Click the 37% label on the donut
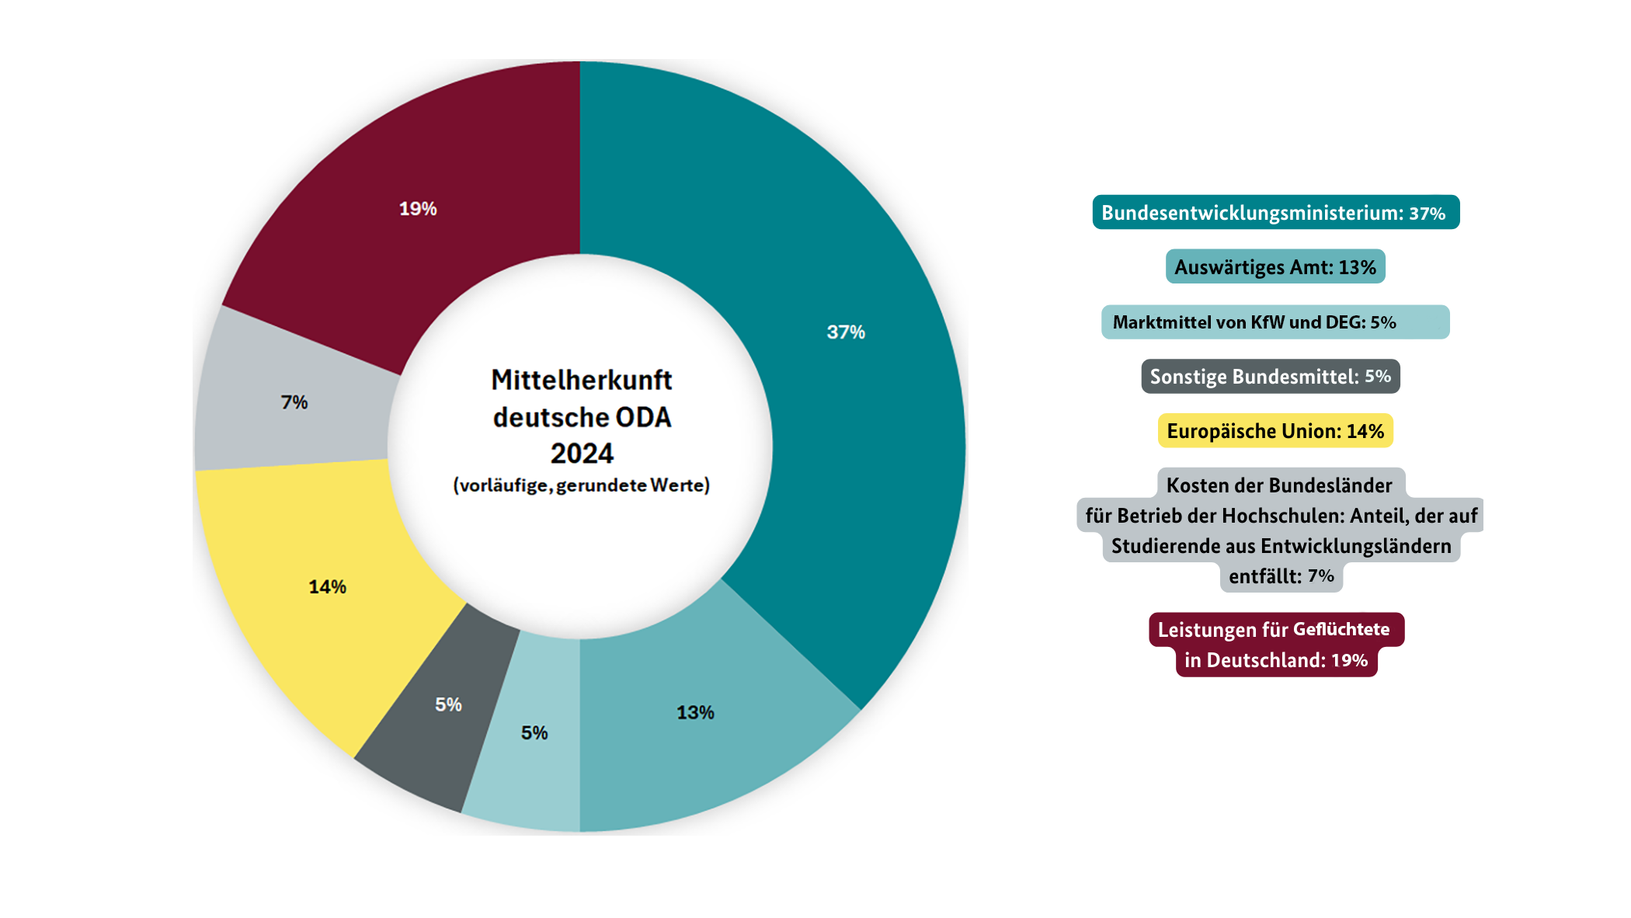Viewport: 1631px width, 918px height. pos(845,332)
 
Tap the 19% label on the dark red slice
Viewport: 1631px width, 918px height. pos(418,209)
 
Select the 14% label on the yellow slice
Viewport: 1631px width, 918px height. pos(327,587)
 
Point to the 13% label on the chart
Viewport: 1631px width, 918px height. pos(695,713)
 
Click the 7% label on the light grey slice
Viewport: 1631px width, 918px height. pos(294,402)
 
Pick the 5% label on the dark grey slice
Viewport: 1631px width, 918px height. pos(448,704)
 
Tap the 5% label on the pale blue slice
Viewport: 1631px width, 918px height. pos(534,732)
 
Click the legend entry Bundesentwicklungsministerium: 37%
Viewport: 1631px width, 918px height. pos(1275,213)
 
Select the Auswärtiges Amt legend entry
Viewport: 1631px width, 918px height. pos(1275,267)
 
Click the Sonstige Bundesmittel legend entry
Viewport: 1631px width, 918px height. pos(1270,377)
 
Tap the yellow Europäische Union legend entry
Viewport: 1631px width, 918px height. pos(1275,431)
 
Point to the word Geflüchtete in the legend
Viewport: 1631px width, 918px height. pos(1341,629)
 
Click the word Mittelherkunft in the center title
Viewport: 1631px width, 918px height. pos(582,380)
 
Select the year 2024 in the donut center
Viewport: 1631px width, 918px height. pos(582,454)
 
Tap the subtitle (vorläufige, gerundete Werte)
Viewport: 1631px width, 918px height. pos(582,485)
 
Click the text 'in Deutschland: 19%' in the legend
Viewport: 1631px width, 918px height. pos(1275,660)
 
